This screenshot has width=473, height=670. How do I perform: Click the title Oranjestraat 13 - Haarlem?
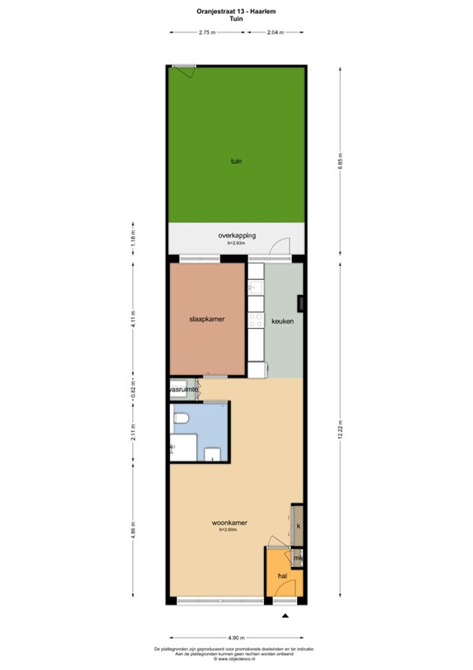[x=236, y=11]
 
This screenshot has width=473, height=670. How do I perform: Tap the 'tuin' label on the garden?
[x=236, y=161]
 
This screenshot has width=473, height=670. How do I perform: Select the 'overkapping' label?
[x=236, y=236]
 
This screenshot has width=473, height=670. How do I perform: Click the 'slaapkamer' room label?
[x=207, y=319]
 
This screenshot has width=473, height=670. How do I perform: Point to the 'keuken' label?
[x=283, y=321]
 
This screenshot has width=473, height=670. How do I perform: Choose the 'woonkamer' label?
[x=230, y=523]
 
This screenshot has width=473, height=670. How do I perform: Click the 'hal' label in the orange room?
[x=282, y=576]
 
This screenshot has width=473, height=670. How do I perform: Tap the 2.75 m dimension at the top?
[x=207, y=31]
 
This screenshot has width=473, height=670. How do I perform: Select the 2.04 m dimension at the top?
[x=275, y=31]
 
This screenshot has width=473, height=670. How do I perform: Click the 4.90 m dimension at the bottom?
[x=236, y=639]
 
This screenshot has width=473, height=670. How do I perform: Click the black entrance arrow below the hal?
[x=284, y=618]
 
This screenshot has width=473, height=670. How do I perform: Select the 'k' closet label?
[x=298, y=526]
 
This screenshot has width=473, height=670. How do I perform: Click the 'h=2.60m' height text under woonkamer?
[x=230, y=530]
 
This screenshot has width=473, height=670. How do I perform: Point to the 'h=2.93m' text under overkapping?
[x=236, y=243]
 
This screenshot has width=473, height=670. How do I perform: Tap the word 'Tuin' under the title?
[x=236, y=18]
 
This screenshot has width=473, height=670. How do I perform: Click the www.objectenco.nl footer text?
[x=236, y=659]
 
